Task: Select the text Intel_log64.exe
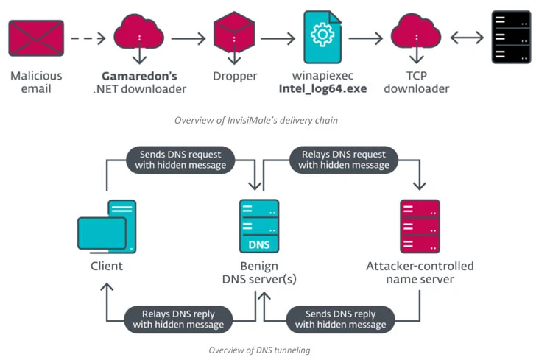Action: (x=322, y=89)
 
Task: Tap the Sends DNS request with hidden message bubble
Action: (x=180, y=160)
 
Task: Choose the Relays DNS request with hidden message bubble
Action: (x=344, y=160)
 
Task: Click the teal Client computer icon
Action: (x=106, y=225)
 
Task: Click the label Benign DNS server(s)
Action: (x=258, y=272)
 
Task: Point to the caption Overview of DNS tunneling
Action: (x=259, y=350)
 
